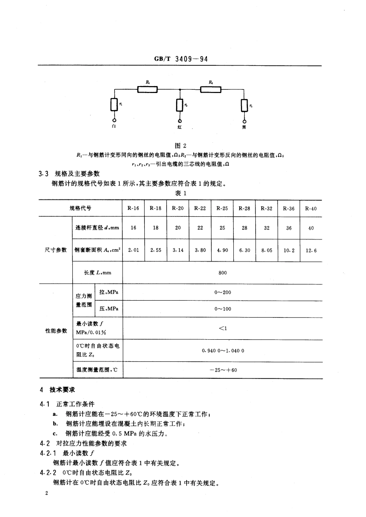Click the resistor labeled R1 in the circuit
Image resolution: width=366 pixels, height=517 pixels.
(x=148, y=89)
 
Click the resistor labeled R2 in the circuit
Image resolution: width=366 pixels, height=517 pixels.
(x=211, y=89)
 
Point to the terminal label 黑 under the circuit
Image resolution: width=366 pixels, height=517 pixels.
(x=244, y=127)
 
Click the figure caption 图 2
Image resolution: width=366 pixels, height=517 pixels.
(x=183, y=146)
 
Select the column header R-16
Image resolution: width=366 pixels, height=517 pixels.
(x=133, y=208)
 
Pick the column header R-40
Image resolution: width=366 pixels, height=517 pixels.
(x=311, y=208)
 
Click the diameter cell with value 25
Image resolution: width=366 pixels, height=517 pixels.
(x=222, y=228)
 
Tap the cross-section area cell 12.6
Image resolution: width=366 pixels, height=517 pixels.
(x=311, y=250)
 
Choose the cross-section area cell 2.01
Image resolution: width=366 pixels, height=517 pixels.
(x=133, y=250)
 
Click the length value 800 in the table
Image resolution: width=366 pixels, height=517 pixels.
(x=223, y=273)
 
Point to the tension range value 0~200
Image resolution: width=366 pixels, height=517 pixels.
(x=223, y=292)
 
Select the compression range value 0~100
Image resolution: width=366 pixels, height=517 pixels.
(x=223, y=309)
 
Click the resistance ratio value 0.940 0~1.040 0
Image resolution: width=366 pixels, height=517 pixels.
(x=223, y=350)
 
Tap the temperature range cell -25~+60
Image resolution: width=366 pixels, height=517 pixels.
(x=223, y=370)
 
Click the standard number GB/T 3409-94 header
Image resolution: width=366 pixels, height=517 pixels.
(x=183, y=59)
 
